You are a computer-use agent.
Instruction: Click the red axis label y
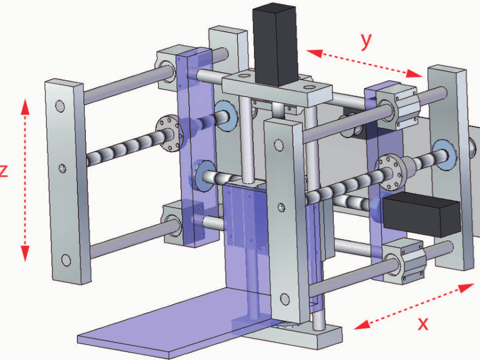pyautogui.click(x=366, y=41)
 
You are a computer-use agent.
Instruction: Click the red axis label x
pyautogui.click(x=424, y=324)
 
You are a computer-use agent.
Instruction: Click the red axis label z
pyautogui.click(x=3, y=171)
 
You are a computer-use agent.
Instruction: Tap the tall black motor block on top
pyautogui.click(x=275, y=45)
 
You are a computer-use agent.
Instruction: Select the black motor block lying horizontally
pyautogui.click(x=422, y=214)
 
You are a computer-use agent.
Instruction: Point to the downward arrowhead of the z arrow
pyautogui.click(x=25, y=253)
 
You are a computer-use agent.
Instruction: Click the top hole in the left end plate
pyautogui.click(x=60, y=107)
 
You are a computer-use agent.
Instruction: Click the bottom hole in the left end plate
pyautogui.click(x=66, y=260)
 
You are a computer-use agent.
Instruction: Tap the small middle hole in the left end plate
pyautogui.click(x=63, y=168)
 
